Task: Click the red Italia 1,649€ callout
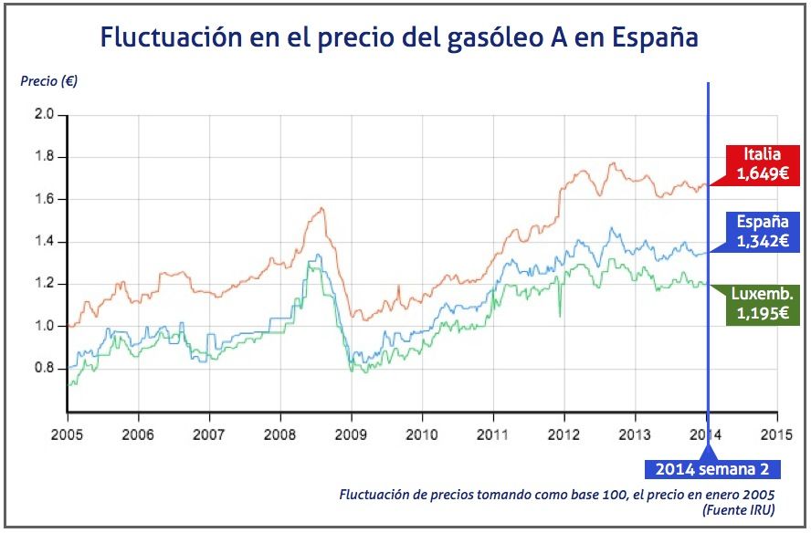(762, 163)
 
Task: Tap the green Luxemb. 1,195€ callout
(762, 304)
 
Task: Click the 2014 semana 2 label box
(712, 469)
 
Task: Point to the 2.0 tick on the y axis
(44, 115)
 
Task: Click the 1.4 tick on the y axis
(44, 242)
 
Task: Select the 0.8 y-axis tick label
(44, 369)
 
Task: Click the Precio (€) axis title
(49, 80)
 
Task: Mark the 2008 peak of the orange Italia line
(321, 209)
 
